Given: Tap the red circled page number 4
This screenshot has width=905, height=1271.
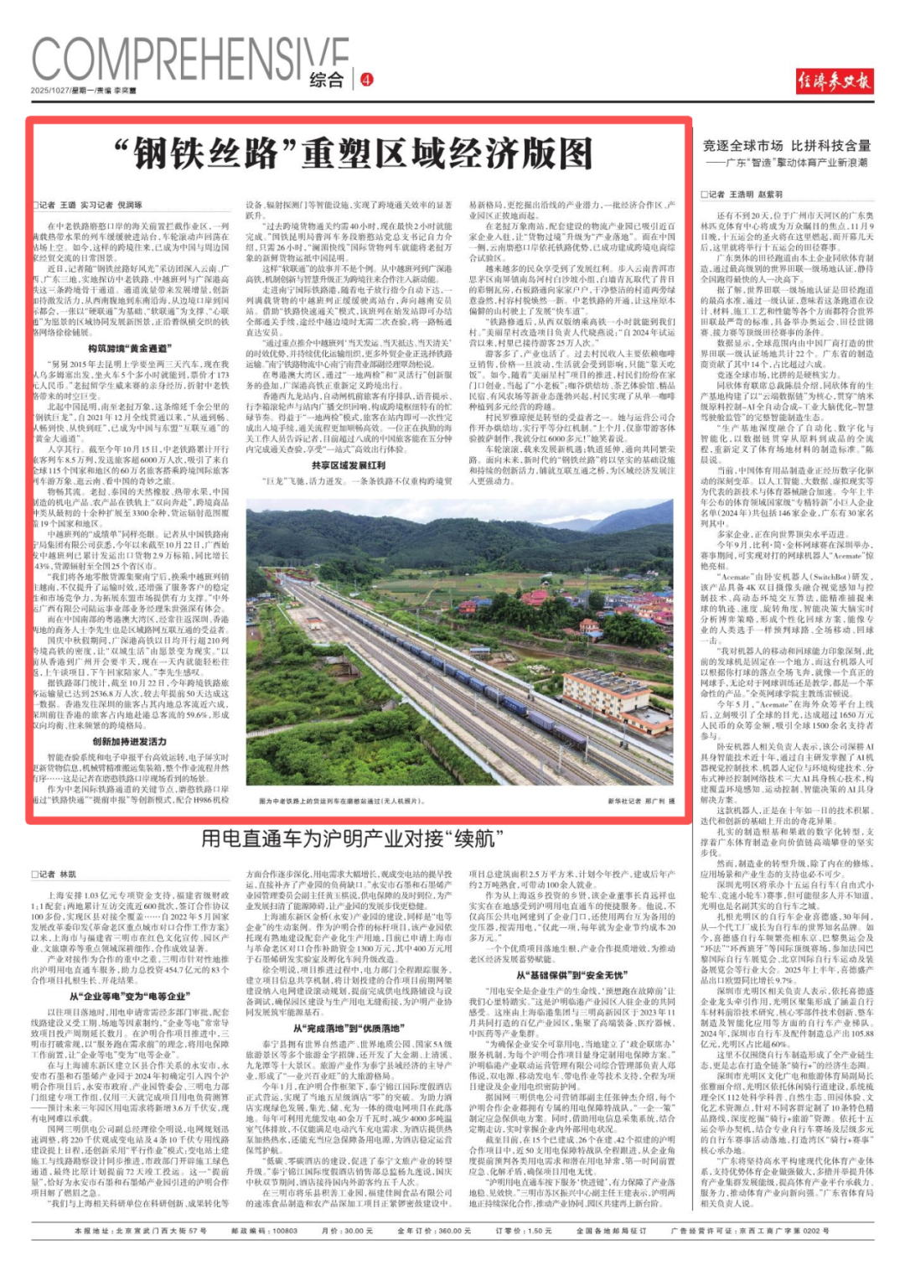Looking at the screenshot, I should point(366,80).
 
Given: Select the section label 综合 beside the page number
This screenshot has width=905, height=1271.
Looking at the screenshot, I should point(327,80).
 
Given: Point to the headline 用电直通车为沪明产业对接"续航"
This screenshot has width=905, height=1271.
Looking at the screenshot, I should point(352,838).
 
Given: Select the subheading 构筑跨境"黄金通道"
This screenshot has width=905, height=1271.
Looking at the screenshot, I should point(130,348).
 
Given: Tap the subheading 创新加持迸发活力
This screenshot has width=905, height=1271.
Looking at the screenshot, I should point(130,741).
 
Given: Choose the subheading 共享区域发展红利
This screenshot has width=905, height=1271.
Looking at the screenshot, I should point(348,465).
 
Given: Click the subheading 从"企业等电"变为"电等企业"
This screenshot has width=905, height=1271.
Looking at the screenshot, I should point(130,996).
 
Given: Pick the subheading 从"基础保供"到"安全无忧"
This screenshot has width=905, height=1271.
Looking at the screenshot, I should point(570,975).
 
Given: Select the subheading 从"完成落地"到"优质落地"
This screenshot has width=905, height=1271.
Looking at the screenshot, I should point(348,1028).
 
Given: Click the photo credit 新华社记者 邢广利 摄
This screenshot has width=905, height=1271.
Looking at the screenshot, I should point(641,802).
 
